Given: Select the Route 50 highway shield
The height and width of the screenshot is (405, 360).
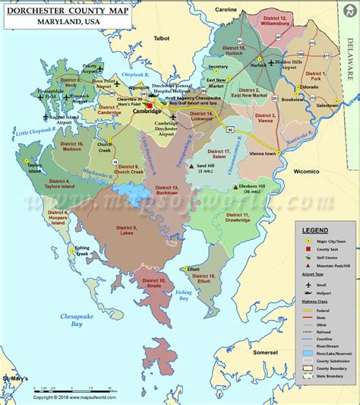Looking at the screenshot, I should pyautogui.click(x=229, y=130).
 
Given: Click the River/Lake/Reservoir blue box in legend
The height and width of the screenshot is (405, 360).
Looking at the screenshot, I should pyautogui.click(x=307, y=353).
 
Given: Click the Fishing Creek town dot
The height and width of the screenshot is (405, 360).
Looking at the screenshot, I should pyautogui.click(x=72, y=249).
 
